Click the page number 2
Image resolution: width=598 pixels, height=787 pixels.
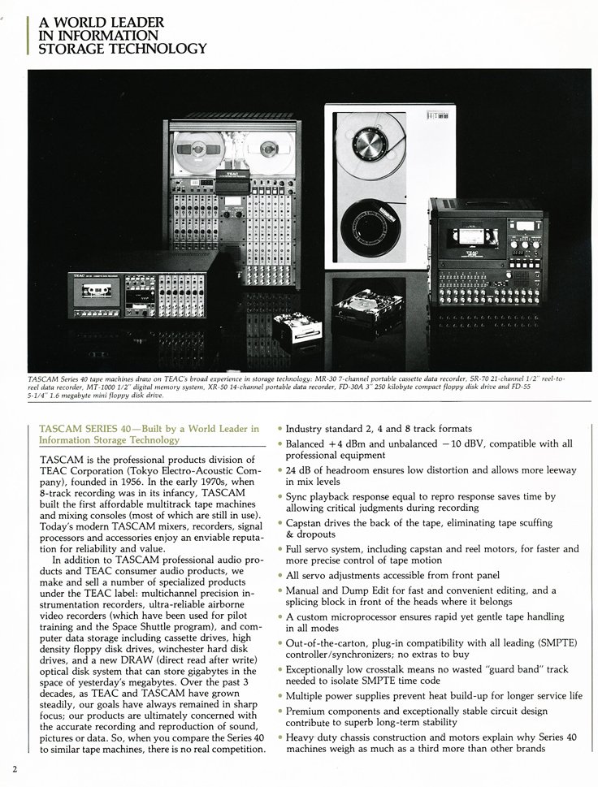[x=14, y=768]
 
